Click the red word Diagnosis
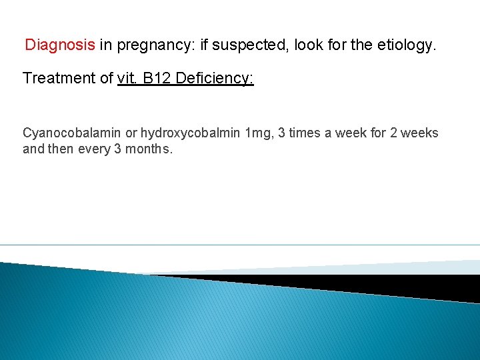click(x=60, y=45)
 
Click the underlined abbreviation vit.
click(x=127, y=78)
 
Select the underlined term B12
click(x=156, y=78)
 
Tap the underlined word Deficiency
click(x=215, y=79)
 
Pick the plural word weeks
click(x=421, y=133)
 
